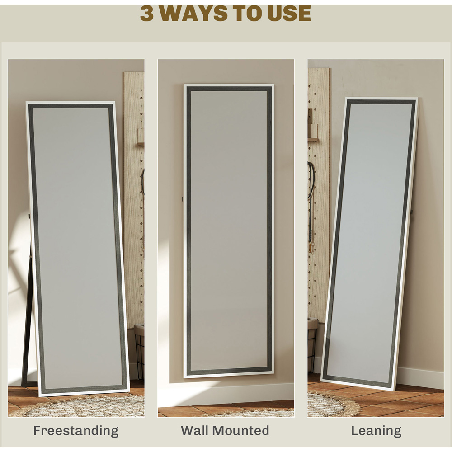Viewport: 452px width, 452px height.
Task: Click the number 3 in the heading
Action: [x=147, y=13]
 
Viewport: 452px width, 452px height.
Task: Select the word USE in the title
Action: [x=289, y=13]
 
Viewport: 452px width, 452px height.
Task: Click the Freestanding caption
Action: [x=76, y=431]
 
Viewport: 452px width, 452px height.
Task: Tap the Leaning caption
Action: [x=376, y=431]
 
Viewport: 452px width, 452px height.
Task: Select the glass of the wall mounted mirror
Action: [x=229, y=229]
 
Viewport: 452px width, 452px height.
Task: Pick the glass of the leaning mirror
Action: [x=370, y=242]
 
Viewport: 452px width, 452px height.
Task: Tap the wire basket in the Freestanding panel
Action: [x=139, y=352]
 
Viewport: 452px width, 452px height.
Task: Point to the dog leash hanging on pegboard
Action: [x=310, y=207]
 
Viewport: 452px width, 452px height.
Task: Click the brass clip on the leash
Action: [x=310, y=248]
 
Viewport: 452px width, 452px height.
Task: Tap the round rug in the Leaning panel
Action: [x=331, y=404]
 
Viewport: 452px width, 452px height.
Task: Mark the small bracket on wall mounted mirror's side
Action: [x=183, y=198]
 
